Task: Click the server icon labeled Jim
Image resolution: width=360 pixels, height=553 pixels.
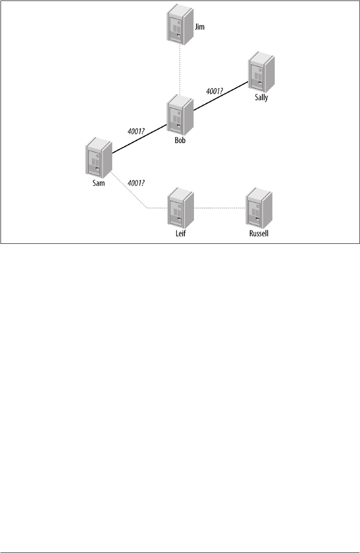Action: [180, 25]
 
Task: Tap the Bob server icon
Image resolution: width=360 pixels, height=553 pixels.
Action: [180, 115]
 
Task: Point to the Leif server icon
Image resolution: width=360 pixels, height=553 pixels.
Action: [180, 207]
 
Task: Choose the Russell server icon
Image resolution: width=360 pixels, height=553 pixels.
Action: [259, 206]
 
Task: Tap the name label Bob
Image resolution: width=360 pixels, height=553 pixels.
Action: [180, 140]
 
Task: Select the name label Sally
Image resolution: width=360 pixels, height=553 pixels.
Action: [261, 98]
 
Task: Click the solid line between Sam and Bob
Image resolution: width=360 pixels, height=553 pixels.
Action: [140, 139]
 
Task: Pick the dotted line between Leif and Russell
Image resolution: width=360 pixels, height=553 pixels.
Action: [219, 207]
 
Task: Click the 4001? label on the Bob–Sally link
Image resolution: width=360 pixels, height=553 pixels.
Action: [215, 91]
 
